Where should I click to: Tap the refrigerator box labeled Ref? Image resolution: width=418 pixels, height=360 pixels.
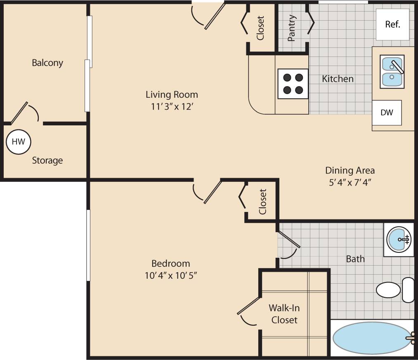tap(392, 24)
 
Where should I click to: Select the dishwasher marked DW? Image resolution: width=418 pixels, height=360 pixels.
tap(387, 113)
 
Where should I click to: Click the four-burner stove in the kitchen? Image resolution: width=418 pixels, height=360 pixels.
tap(293, 84)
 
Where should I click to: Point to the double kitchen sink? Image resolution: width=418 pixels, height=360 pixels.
tap(392, 72)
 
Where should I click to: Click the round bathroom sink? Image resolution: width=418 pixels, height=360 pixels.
tap(399, 239)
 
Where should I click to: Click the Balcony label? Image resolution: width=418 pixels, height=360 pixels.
tap(47, 63)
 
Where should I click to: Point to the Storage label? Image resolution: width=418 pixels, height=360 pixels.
tap(47, 160)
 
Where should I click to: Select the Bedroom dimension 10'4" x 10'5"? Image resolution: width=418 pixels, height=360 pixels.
tap(170, 275)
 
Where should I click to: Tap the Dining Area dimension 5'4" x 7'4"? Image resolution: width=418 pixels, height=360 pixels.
tap(350, 182)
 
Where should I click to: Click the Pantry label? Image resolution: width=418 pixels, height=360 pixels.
tap(292, 28)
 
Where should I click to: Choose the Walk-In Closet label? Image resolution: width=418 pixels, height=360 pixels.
tap(284, 313)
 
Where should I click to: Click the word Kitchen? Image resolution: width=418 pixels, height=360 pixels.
tap(338, 78)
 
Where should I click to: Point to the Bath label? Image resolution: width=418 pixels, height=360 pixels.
tap(355, 259)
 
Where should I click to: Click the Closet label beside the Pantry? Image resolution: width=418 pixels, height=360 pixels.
tap(260, 28)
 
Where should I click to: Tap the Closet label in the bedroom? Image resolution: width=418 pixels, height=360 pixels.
tap(262, 202)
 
